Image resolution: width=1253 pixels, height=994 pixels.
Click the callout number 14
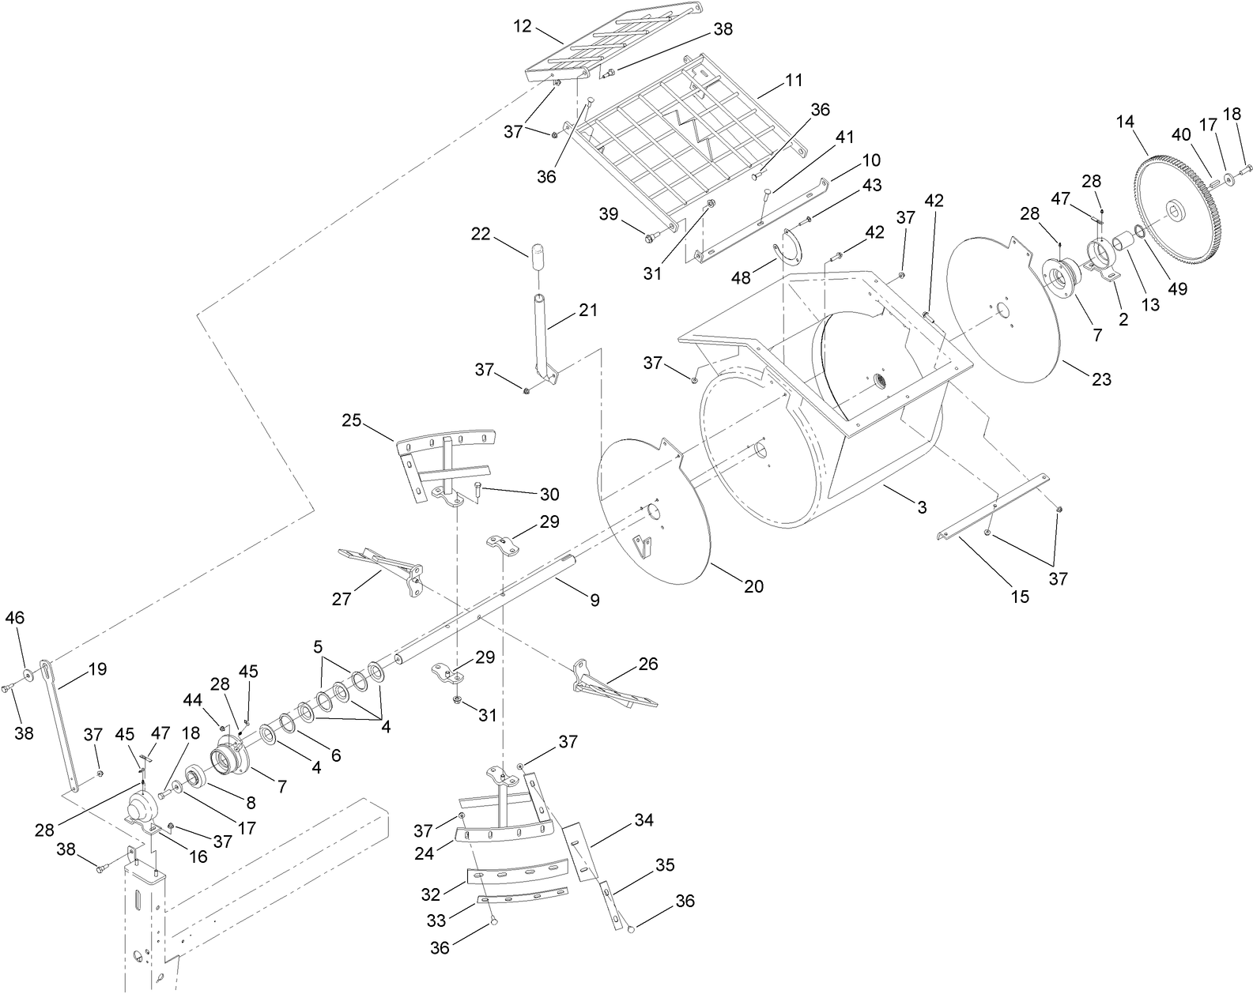[x=1125, y=122]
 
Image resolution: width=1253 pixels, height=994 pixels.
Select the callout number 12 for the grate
[x=523, y=25]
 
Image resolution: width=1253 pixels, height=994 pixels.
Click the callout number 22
[x=503, y=234]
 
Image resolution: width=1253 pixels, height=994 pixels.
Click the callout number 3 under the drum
[x=922, y=507]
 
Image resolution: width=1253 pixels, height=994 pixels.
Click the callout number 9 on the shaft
[x=594, y=601]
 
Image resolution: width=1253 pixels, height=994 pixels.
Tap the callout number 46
[x=15, y=618]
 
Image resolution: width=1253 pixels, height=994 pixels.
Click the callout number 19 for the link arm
[x=97, y=668]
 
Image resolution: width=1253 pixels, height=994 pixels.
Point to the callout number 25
[x=351, y=420]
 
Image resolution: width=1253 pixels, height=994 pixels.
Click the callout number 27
[x=341, y=599]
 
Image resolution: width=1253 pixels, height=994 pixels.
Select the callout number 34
[x=644, y=820]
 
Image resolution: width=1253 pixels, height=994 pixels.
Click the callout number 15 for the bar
[x=1020, y=597]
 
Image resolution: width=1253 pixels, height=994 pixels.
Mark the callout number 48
[x=741, y=278]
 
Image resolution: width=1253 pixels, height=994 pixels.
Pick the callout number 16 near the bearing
[x=198, y=857]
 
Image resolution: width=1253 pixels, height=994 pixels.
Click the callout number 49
[x=1177, y=288]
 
